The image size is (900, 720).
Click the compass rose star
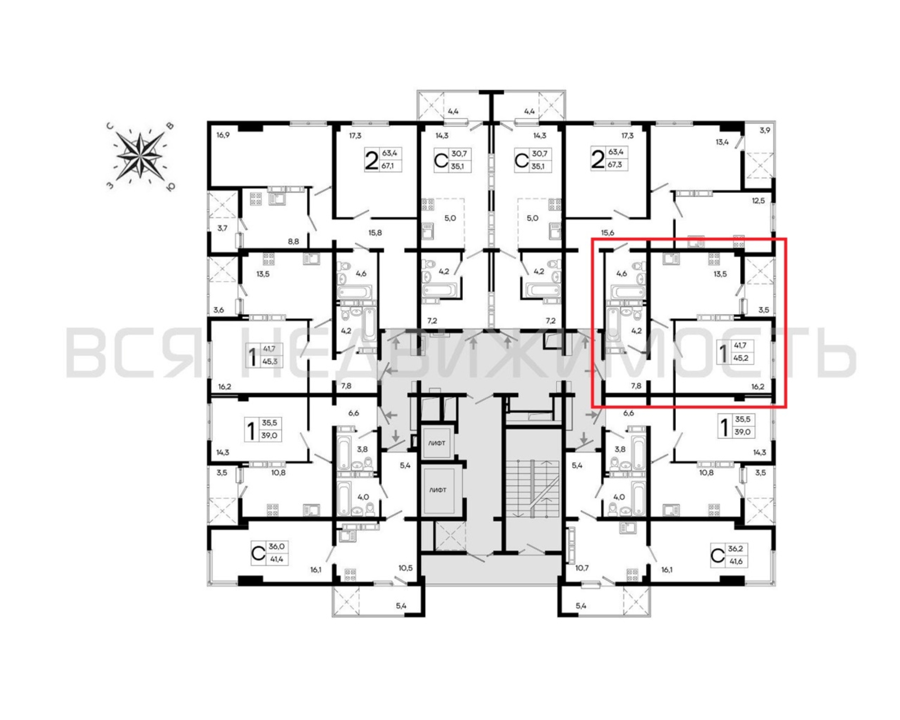[x=139, y=156]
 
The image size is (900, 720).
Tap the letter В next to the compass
[x=170, y=126]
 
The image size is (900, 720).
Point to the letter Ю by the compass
[x=170, y=186]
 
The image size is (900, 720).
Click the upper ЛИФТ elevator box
[x=437, y=443]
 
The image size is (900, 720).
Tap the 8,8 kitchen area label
[x=293, y=241]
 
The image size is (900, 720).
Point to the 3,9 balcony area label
[x=765, y=130]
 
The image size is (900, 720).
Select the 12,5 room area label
[x=759, y=201]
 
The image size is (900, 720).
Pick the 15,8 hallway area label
[x=375, y=233]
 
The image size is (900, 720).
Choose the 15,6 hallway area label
[x=607, y=233]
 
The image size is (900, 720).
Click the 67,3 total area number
[x=615, y=165]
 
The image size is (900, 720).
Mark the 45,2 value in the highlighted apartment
[x=741, y=358]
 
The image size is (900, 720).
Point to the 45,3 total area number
[x=270, y=361]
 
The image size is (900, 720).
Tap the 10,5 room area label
[x=405, y=568]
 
